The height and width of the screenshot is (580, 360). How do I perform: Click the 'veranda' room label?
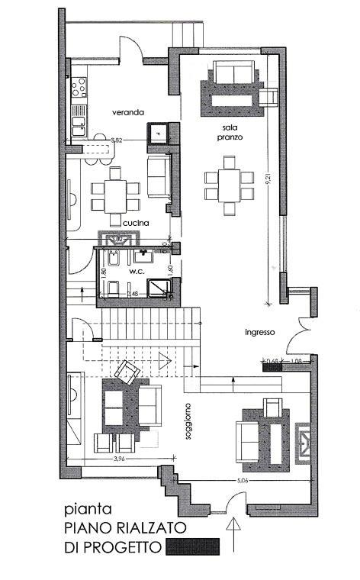[127, 112]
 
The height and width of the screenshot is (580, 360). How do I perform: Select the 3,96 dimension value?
[118, 459]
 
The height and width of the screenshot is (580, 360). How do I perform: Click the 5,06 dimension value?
[243, 482]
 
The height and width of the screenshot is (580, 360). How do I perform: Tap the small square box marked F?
[158, 134]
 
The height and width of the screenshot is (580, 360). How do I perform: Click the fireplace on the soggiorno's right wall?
[303, 441]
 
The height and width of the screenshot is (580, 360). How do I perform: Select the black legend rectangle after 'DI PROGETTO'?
[193, 546]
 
